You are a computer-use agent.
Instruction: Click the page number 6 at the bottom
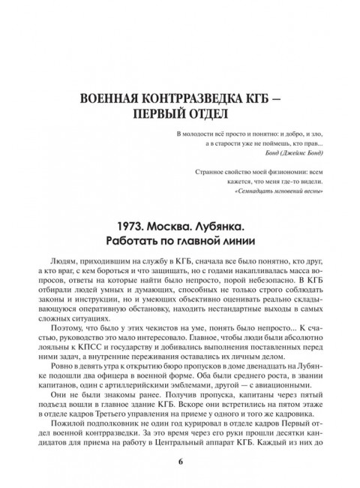pyautogui.click(x=180, y=460)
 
